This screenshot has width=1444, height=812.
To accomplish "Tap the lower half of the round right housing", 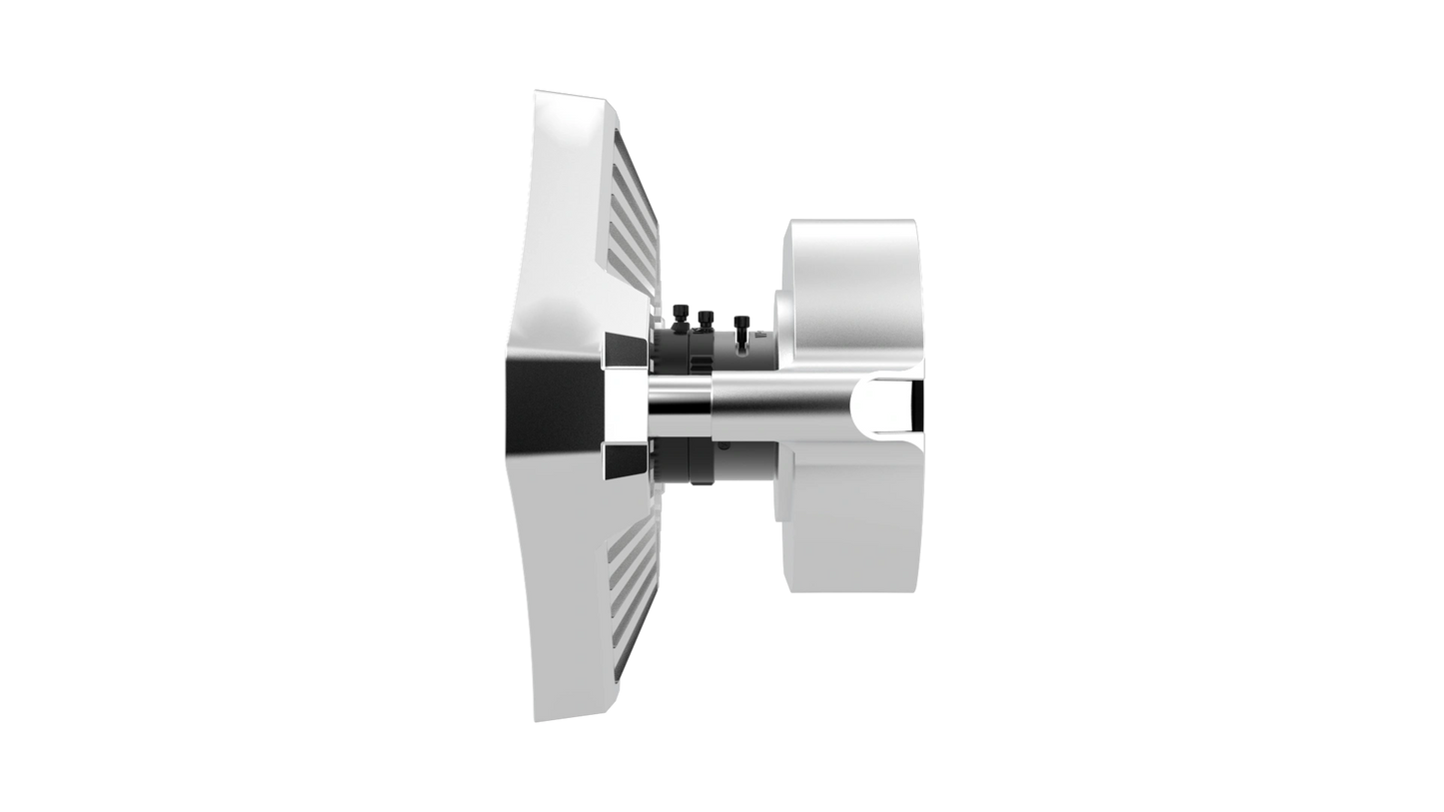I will pyautogui.click(x=849, y=529).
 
